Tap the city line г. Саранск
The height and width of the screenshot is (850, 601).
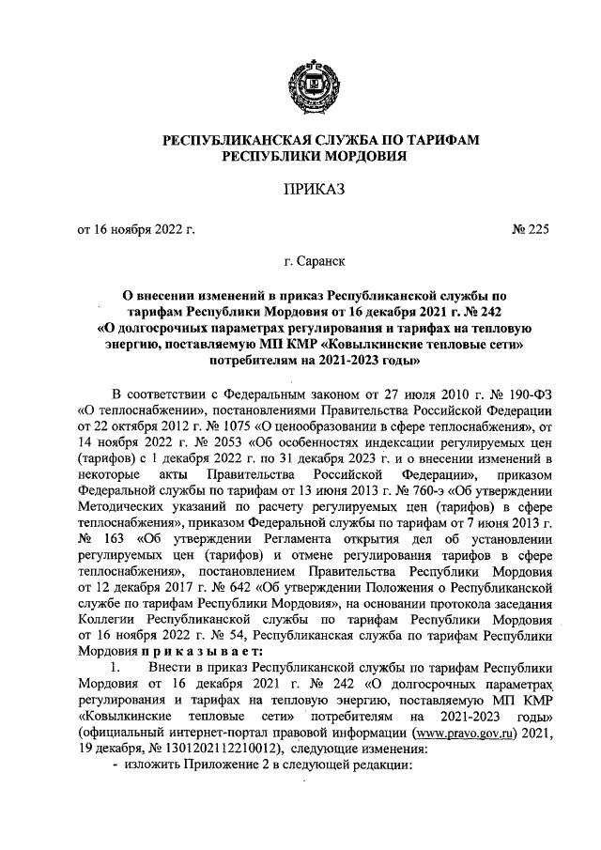pos(315,264)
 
